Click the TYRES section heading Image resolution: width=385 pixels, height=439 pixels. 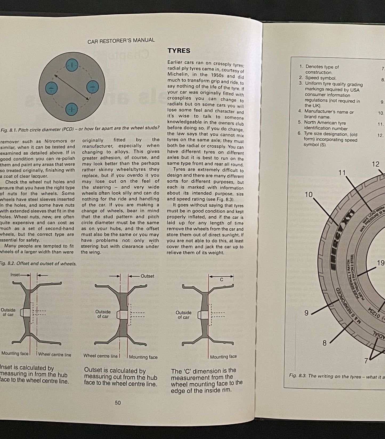click(x=179, y=51)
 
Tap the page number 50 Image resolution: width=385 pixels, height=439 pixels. click(x=118, y=403)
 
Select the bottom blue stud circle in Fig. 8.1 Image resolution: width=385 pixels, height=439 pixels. click(x=72, y=109)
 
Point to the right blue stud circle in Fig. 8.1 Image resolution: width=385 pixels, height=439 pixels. click(x=92, y=87)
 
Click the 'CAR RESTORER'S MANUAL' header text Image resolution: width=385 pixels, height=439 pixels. click(x=121, y=40)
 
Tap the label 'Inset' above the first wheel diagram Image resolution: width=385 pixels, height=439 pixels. click(x=15, y=274)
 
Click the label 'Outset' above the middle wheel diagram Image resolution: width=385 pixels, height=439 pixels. click(x=147, y=276)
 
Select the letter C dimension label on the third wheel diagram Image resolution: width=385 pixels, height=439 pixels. click(x=221, y=280)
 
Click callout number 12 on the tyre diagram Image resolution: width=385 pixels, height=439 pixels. click(x=375, y=164)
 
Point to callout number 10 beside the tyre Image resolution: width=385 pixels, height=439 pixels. click(x=309, y=195)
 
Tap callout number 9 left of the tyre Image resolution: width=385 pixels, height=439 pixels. click(x=306, y=313)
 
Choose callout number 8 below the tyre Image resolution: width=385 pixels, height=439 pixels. click(x=324, y=343)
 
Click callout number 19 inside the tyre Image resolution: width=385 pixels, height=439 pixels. click(x=380, y=263)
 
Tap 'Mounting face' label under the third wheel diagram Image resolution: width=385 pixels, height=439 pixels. click(x=223, y=357)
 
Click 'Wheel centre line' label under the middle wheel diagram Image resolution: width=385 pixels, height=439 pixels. click(x=100, y=356)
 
